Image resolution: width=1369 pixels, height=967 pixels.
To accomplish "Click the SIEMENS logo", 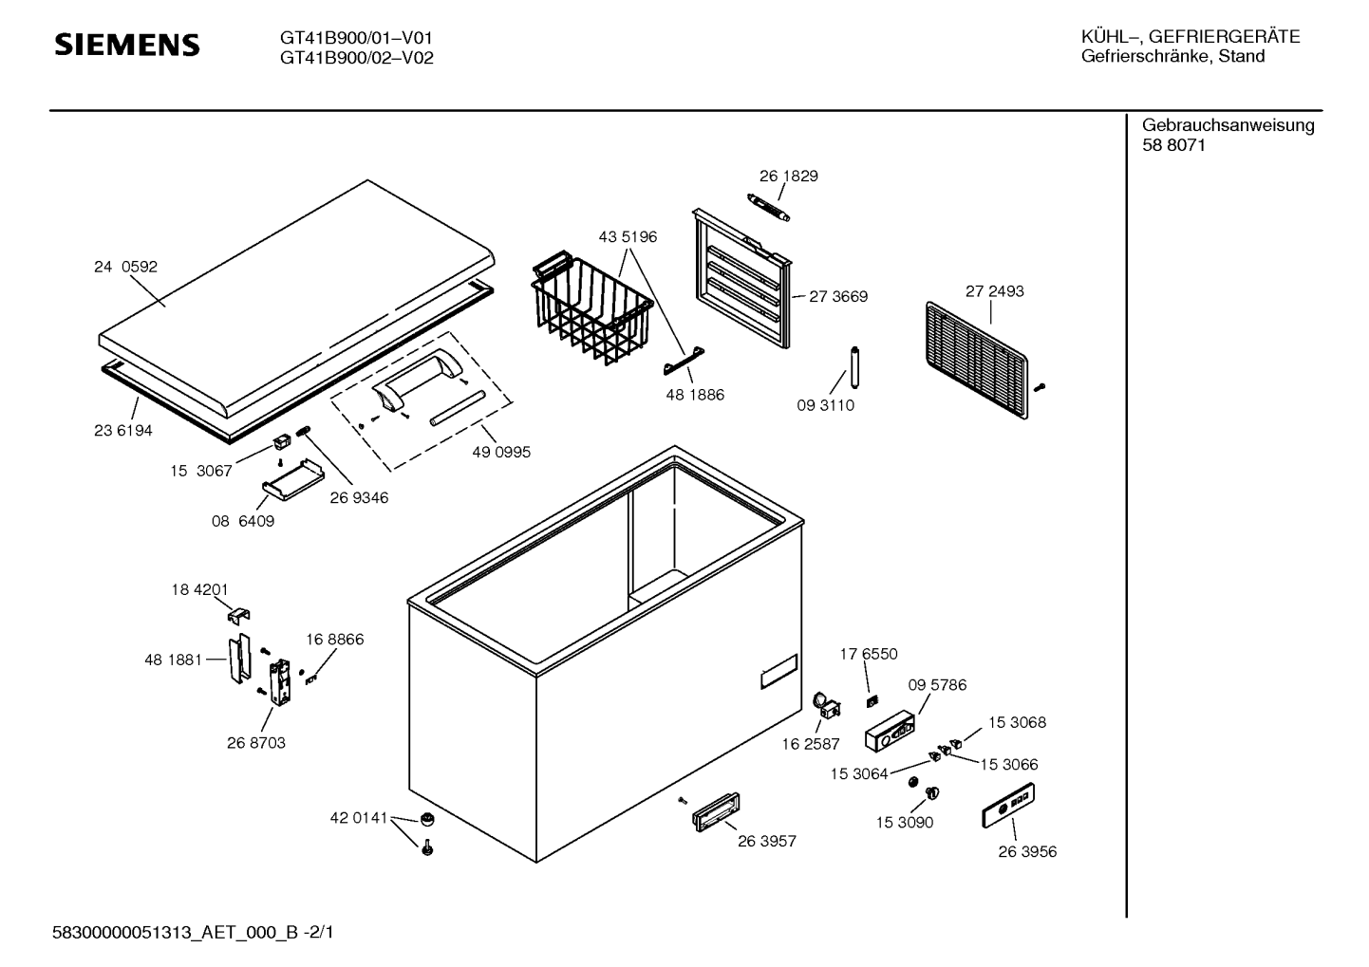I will pos(126,45).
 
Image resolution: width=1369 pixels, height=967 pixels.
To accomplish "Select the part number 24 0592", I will pos(125,268).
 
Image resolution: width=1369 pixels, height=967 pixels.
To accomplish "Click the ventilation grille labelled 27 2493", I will pos(976,360).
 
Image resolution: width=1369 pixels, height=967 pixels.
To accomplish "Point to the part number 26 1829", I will pos(788,177).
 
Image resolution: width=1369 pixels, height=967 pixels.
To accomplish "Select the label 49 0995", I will pos(501,453).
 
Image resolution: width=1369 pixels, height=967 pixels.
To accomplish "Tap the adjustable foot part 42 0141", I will pos(427,819).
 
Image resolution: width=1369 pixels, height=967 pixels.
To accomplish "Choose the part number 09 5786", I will pos(936,685).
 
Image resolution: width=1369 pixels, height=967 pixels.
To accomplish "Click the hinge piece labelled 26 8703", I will pos(280,684).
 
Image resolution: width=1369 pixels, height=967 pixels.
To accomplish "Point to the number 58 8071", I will pos(1173,146).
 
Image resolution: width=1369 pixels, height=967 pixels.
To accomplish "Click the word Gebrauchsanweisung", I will pos(1228,125).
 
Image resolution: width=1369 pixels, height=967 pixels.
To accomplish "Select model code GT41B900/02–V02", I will pos(356,58).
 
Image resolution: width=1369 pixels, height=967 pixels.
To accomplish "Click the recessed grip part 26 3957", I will pos(716,813).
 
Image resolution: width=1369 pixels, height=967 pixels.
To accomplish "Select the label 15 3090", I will pos(904,823).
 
